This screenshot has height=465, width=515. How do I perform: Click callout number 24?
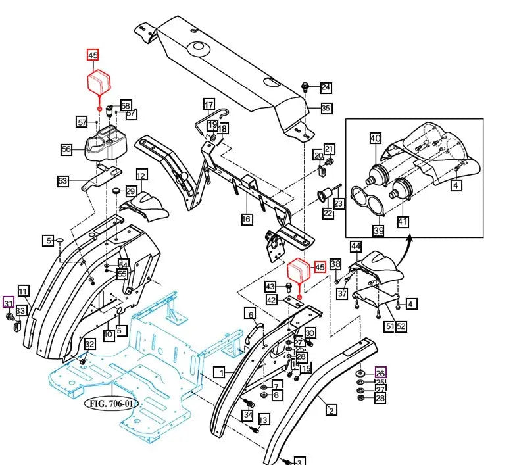pyautogui.click(x=326, y=87)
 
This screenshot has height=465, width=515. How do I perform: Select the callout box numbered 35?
pyautogui.click(x=326, y=109)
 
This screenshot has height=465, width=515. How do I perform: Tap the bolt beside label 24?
pyautogui.click(x=305, y=86)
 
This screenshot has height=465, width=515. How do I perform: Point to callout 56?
pyautogui.click(x=66, y=149)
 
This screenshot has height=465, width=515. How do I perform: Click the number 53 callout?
pyautogui.click(x=62, y=181)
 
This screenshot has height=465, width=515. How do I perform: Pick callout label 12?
pyautogui.click(x=142, y=175)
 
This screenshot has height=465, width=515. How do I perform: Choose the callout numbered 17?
pyautogui.click(x=208, y=105)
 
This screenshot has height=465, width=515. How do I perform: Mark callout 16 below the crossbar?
pyautogui.click(x=246, y=219)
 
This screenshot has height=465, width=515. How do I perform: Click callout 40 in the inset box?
pyautogui.click(x=376, y=138)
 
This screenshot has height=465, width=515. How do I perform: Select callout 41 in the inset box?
pyautogui.click(x=403, y=222)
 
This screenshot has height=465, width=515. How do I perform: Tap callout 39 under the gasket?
pyautogui.click(x=378, y=230)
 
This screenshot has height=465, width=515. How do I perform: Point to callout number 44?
pyautogui.click(x=356, y=247)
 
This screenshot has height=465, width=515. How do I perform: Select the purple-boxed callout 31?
pyautogui.click(x=9, y=303)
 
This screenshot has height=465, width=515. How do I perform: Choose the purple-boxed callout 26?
pyautogui.click(x=380, y=372)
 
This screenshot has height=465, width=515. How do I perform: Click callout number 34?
pyautogui.click(x=247, y=415)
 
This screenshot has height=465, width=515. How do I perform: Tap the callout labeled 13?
pyautogui.click(x=263, y=420)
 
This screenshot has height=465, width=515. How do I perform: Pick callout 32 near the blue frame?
pyautogui.click(x=89, y=344)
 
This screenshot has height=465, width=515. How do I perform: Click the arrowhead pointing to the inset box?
pyautogui.click(x=409, y=239)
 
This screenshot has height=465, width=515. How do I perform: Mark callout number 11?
pyautogui.click(x=23, y=291)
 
